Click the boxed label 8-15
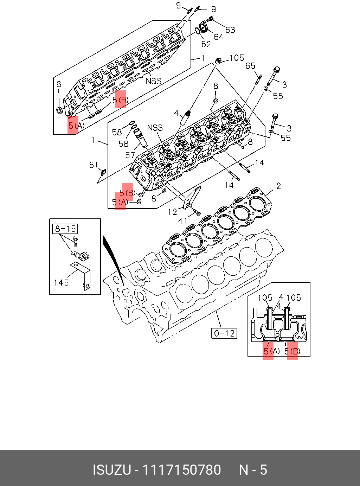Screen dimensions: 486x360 65,229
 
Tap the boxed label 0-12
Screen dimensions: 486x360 224,333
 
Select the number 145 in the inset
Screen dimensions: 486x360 61,282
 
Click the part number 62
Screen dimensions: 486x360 206,44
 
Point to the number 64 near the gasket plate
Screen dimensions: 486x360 218,37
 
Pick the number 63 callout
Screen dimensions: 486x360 230,30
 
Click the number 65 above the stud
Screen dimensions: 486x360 250,66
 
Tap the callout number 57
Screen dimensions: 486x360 130,155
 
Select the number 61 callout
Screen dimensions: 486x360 94,165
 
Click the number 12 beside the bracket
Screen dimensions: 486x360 173,212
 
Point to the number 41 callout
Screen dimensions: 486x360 183,221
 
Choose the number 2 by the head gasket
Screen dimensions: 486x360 278,186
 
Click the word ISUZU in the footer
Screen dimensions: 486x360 112,470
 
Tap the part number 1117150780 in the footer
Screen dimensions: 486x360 181,470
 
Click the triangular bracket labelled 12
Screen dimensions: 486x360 192,198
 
